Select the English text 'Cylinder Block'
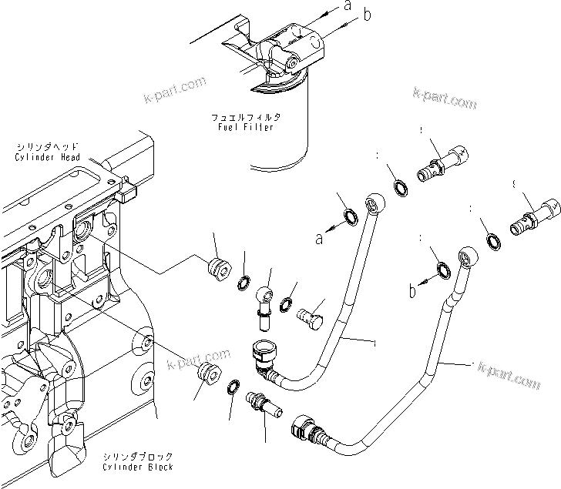pyautogui.click(x=137, y=467)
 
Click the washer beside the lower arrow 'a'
pyautogui.click(x=348, y=218)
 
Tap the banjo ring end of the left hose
pyautogui.click(x=375, y=203)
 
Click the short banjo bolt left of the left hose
pyautogui.click(x=310, y=315)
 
